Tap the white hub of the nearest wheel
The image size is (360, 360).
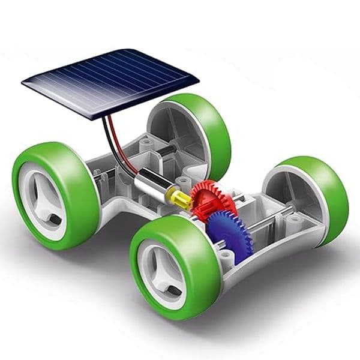pos(163,274)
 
